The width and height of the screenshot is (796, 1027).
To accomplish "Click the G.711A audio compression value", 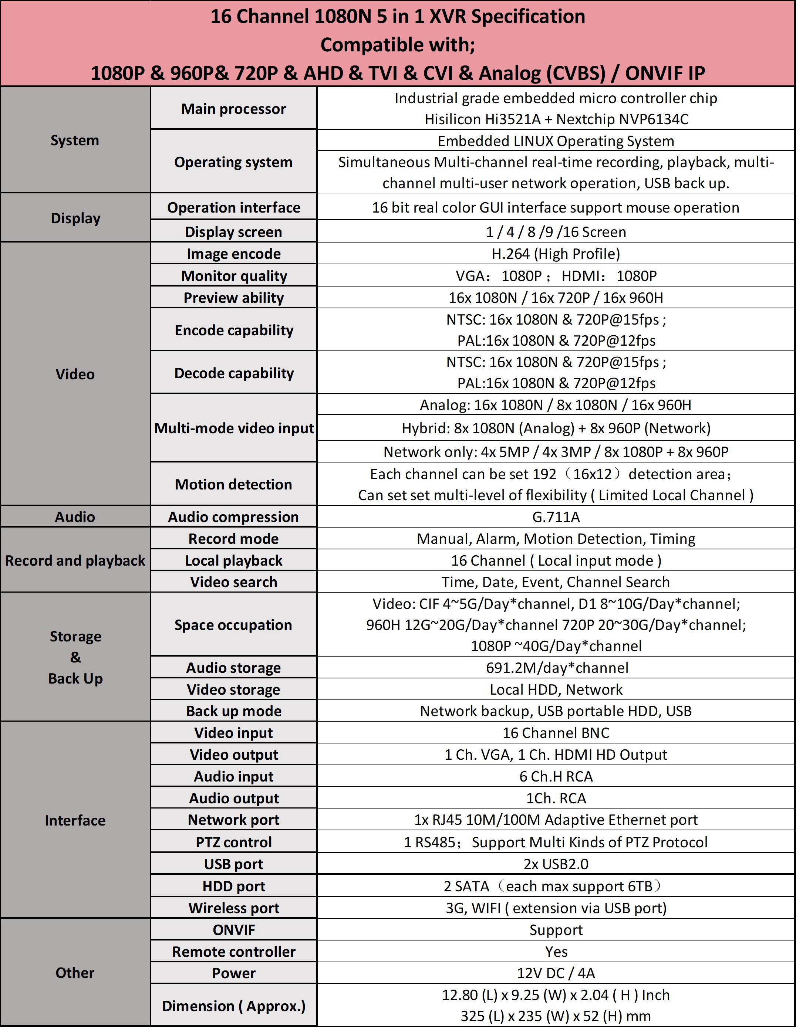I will [556, 517].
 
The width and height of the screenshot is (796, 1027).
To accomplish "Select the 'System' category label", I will [75, 140].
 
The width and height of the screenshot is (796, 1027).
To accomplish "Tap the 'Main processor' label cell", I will [233, 109].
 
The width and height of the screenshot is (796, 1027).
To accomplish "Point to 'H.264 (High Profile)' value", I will [556, 254].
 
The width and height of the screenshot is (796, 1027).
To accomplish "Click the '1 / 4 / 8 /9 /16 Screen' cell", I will [556, 232].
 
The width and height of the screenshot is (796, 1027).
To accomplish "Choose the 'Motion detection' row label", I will [233, 484].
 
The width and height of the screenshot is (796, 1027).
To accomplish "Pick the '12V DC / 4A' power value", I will [556, 973].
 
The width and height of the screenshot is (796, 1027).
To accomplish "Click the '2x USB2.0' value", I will [556, 864].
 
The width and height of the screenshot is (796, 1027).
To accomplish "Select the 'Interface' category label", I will [75, 820].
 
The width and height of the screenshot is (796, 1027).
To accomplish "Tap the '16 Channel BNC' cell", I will [556, 733].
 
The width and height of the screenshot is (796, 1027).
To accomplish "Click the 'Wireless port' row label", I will [233, 908].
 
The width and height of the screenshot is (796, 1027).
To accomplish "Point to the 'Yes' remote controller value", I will [556, 951].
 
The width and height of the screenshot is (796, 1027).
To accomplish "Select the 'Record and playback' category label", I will [75, 560].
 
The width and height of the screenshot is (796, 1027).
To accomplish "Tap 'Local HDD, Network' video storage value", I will [556, 689].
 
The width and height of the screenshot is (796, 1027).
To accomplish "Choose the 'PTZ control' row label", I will [233, 842].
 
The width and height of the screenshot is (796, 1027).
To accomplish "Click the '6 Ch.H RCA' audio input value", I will [556, 776].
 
